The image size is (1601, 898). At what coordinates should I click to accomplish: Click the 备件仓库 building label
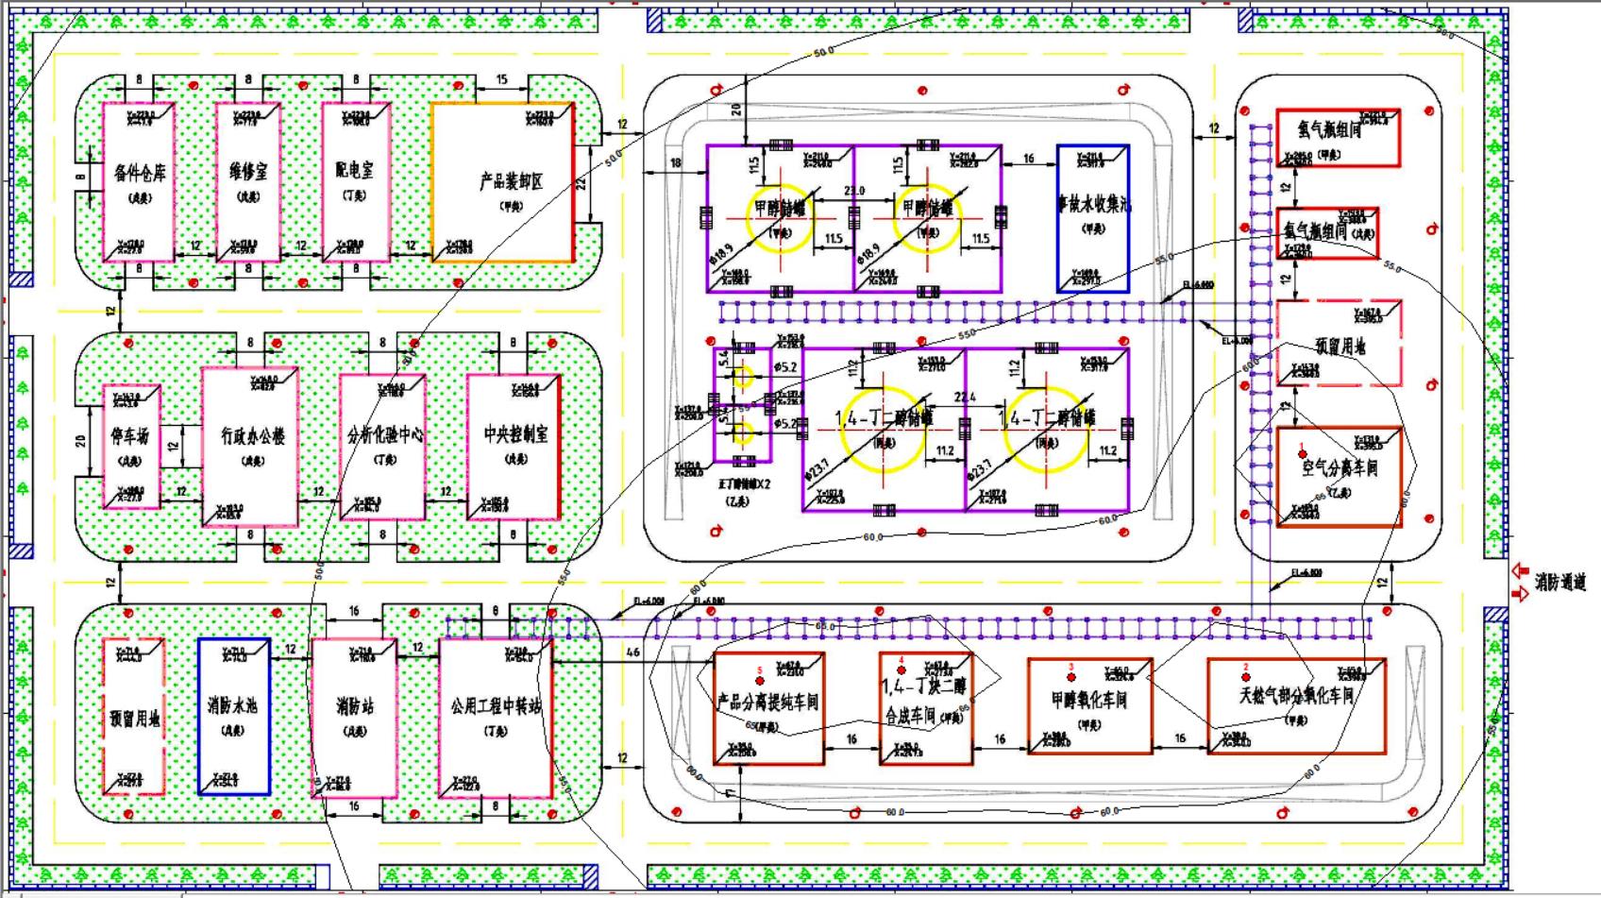[139, 174]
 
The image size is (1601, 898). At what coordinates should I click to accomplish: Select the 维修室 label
[248, 172]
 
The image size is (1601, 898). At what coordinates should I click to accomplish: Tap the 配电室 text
[355, 170]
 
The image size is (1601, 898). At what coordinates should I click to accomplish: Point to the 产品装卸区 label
[511, 181]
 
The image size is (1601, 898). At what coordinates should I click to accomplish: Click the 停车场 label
[130, 436]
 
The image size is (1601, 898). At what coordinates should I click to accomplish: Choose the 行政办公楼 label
[252, 436]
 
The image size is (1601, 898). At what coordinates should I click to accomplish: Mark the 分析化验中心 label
[385, 435]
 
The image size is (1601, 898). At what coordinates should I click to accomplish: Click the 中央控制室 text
[515, 434]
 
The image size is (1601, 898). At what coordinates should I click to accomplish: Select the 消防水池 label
[232, 705]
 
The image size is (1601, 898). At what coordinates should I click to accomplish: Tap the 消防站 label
[355, 705]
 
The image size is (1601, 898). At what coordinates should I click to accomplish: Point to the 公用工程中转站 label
[497, 705]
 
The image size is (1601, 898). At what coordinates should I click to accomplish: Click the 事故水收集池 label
[1094, 203]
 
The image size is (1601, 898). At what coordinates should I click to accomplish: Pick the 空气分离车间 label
[1340, 467]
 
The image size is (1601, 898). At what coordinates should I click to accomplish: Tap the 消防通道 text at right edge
[1559, 583]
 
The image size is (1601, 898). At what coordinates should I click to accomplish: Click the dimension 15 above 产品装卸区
[501, 80]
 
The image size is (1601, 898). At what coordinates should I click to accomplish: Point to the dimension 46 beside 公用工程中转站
[632, 652]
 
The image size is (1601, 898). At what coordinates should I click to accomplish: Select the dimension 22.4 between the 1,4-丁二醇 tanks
[965, 398]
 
